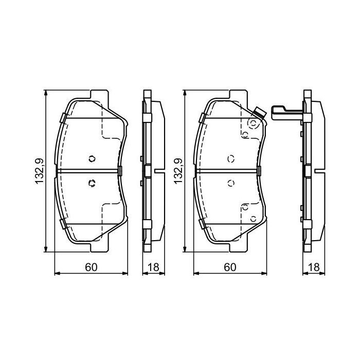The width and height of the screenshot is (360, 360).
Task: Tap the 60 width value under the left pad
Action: pos(92,267)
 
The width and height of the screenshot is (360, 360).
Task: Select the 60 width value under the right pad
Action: pos(230,267)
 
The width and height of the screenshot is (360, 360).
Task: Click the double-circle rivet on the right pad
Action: pos(253,123)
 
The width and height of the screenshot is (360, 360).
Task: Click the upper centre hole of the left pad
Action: pos(92,158)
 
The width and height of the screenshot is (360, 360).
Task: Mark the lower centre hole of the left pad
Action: pos(92,182)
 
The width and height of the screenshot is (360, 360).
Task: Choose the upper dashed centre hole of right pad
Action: pos(230,158)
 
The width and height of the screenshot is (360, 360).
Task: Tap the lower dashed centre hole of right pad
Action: pos(230,182)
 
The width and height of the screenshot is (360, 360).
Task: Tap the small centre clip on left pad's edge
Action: pos(120,170)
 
